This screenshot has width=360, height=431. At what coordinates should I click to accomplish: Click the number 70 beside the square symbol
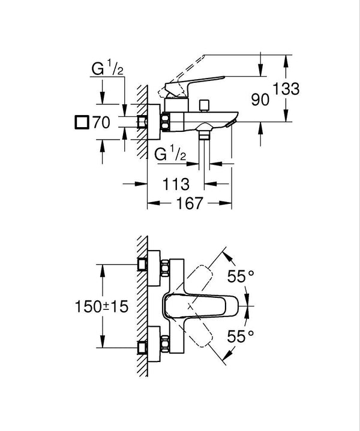[101, 123]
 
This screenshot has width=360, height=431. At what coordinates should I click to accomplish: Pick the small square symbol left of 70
[80, 123]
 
